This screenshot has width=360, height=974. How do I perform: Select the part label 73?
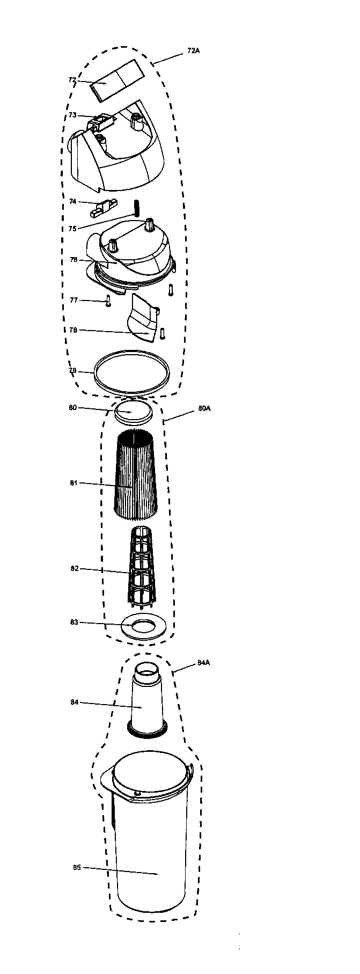(72, 115)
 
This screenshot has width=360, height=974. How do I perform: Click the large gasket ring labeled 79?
(132, 371)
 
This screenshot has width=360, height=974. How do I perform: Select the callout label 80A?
(204, 408)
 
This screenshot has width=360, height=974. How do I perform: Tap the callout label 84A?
(203, 663)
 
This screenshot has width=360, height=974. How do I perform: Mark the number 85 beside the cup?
(77, 867)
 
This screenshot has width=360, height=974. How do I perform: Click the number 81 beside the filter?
(74, 483)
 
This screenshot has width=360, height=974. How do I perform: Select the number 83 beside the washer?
(74, 622)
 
